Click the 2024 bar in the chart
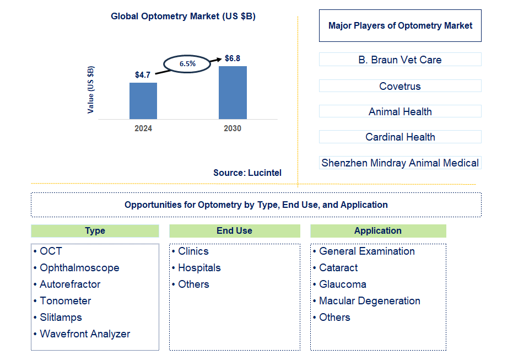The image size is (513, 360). point(143,101)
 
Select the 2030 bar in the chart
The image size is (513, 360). point(233,93)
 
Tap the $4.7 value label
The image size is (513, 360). point(143,74)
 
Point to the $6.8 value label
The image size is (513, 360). point(233,58)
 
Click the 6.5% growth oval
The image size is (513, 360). point(187,63)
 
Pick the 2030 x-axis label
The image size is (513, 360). point(233,128)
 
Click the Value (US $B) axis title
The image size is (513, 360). point(91,90)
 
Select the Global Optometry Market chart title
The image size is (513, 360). point(183,17)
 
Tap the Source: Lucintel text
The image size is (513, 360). point(247,173)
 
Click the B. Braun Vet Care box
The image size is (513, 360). point(400,60)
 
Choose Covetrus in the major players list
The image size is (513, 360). point(400,86)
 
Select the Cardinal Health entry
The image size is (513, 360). point(400,137)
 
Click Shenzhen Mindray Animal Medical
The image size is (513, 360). point(400,163)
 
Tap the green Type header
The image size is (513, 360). point(95,231)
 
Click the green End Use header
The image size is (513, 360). point(235,231)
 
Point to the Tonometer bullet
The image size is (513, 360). point(65,301)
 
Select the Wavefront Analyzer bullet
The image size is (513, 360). point(85,334)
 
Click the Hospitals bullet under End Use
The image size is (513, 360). point(199,268)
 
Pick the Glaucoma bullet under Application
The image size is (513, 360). point(342,284)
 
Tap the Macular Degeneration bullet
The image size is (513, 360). point(369,301)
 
